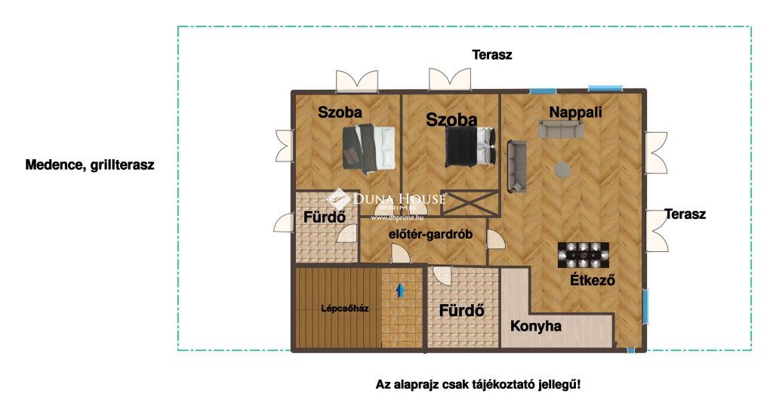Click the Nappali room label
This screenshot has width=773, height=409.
(575, 112)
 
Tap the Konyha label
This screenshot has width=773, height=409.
(535, 326)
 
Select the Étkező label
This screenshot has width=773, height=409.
(593, 280)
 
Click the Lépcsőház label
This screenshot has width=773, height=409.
(344, 309)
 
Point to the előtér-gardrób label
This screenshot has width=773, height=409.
(430, 235)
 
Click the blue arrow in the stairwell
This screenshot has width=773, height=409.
(400, 290)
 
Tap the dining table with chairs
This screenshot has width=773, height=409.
(584, 255)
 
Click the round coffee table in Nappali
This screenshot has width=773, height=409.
(562, 170)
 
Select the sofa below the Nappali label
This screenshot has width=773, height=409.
(561, 130)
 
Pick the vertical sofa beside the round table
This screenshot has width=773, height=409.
(516, 166)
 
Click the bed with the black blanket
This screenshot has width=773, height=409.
(470, 146)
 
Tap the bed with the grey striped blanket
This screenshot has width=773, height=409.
(369, 149)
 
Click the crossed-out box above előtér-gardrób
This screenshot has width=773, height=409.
(469, 202)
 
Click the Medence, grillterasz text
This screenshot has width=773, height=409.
(90, 165)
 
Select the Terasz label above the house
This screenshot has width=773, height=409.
(492, 54)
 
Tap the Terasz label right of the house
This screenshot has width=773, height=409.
(685, 214)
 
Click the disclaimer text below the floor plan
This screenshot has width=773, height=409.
(478, 384)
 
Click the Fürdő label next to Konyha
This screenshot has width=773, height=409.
(461, 311)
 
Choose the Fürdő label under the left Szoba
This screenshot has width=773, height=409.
(324, 217)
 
